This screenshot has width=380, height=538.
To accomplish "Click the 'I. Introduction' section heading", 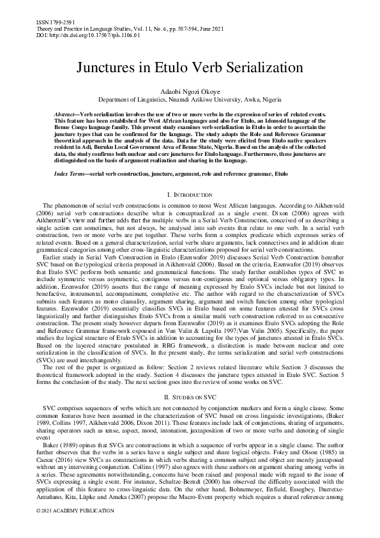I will click(190, 194).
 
